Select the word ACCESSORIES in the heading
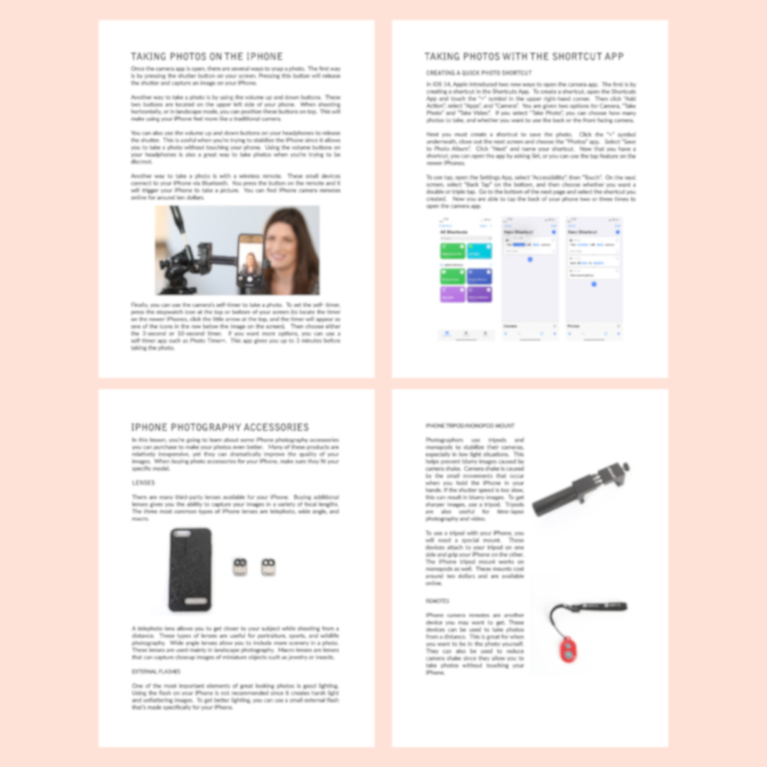pos(272,428)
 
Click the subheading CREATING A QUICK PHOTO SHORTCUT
pos(479,73)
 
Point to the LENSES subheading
pos(143,483)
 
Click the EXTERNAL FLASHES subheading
pos(156,671)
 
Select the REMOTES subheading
pos(437,601)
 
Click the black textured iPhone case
pos(190,569)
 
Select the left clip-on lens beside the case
pos(240,566)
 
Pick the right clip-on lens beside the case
pos(268,566)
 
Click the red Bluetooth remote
pos(568,648)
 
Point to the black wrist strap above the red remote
pos(589,609)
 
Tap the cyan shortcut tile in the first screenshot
pos(479,251)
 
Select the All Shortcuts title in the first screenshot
pos(452,232)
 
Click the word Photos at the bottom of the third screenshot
pos(574,327)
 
